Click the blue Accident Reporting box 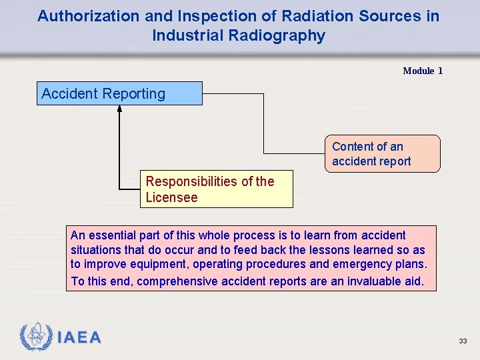coord(119,93)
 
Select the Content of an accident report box coord(382,154)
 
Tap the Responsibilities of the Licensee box coord(216,189)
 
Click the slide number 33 coord(463,341)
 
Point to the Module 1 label coord(423,71)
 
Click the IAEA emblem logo coord(36,337)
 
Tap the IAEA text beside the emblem coord(79,338)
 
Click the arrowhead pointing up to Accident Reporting coord(120,110)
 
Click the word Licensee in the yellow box coord(171,198)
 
